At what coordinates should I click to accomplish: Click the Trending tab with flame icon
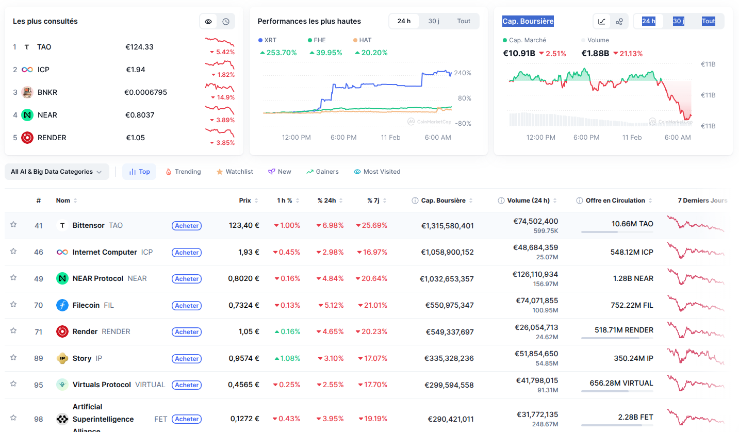[x=183, y=172]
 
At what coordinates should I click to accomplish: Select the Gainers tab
[x=322, y=172]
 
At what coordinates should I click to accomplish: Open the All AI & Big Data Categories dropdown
[x=57, y=172]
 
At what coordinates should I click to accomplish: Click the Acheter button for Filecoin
[x=186, y=306]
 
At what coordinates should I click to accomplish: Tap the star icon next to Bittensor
[x=13, y=225]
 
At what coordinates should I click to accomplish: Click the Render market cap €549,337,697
[x=449, y=332]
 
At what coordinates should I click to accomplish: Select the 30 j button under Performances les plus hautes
[x=434, y=21]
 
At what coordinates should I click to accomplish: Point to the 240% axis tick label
[x=462, y=73]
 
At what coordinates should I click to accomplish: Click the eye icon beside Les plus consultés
[x=208, y=22]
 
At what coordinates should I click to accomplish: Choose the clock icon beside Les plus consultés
[x=226, y=22]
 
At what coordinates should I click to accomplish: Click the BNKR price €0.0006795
[x=145, y=92]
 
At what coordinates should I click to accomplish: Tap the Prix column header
[x=245, y=201]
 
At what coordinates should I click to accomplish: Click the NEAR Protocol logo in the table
[x=62, y=279]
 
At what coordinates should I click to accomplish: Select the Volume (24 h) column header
[x=528, y=201]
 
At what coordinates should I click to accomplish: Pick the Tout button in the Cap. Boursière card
[x=708, y=21]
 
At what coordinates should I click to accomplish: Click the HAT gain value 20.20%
[x=373, y=53]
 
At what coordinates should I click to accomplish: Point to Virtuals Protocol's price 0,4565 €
[x=244, y=385]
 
